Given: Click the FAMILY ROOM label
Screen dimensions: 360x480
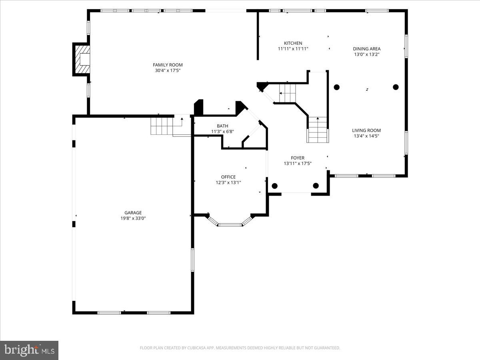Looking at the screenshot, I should point(168,65).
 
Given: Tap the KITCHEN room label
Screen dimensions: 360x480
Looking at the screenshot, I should point(293,43).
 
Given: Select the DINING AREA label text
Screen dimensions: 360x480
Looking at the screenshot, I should point(366,49).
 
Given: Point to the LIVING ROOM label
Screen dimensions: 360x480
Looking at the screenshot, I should point(366,130).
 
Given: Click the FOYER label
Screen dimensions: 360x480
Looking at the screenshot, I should point(297,158).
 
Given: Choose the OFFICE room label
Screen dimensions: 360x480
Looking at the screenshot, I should point(228,177).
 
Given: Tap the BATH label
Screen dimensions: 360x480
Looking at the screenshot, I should point(222,126).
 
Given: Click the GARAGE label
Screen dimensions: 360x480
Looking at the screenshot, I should point(133,213).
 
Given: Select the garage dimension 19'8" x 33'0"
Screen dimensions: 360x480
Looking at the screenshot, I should point(133,218).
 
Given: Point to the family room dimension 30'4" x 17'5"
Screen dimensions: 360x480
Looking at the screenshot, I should point(168,70).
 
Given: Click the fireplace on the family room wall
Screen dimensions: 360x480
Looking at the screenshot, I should point(82,59).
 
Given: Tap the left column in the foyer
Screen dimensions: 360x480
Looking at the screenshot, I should point(274,186).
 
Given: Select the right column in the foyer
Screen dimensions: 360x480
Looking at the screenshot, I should point(316,186).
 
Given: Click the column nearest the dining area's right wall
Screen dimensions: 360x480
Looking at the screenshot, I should point(396,87).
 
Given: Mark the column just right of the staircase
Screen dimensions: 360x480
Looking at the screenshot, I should point(336,87).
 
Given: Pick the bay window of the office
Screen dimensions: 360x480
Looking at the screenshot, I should point(230,222).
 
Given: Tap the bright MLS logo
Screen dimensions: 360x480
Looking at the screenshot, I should point(29,350).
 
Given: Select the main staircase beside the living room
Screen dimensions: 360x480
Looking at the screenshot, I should point(318,130).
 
